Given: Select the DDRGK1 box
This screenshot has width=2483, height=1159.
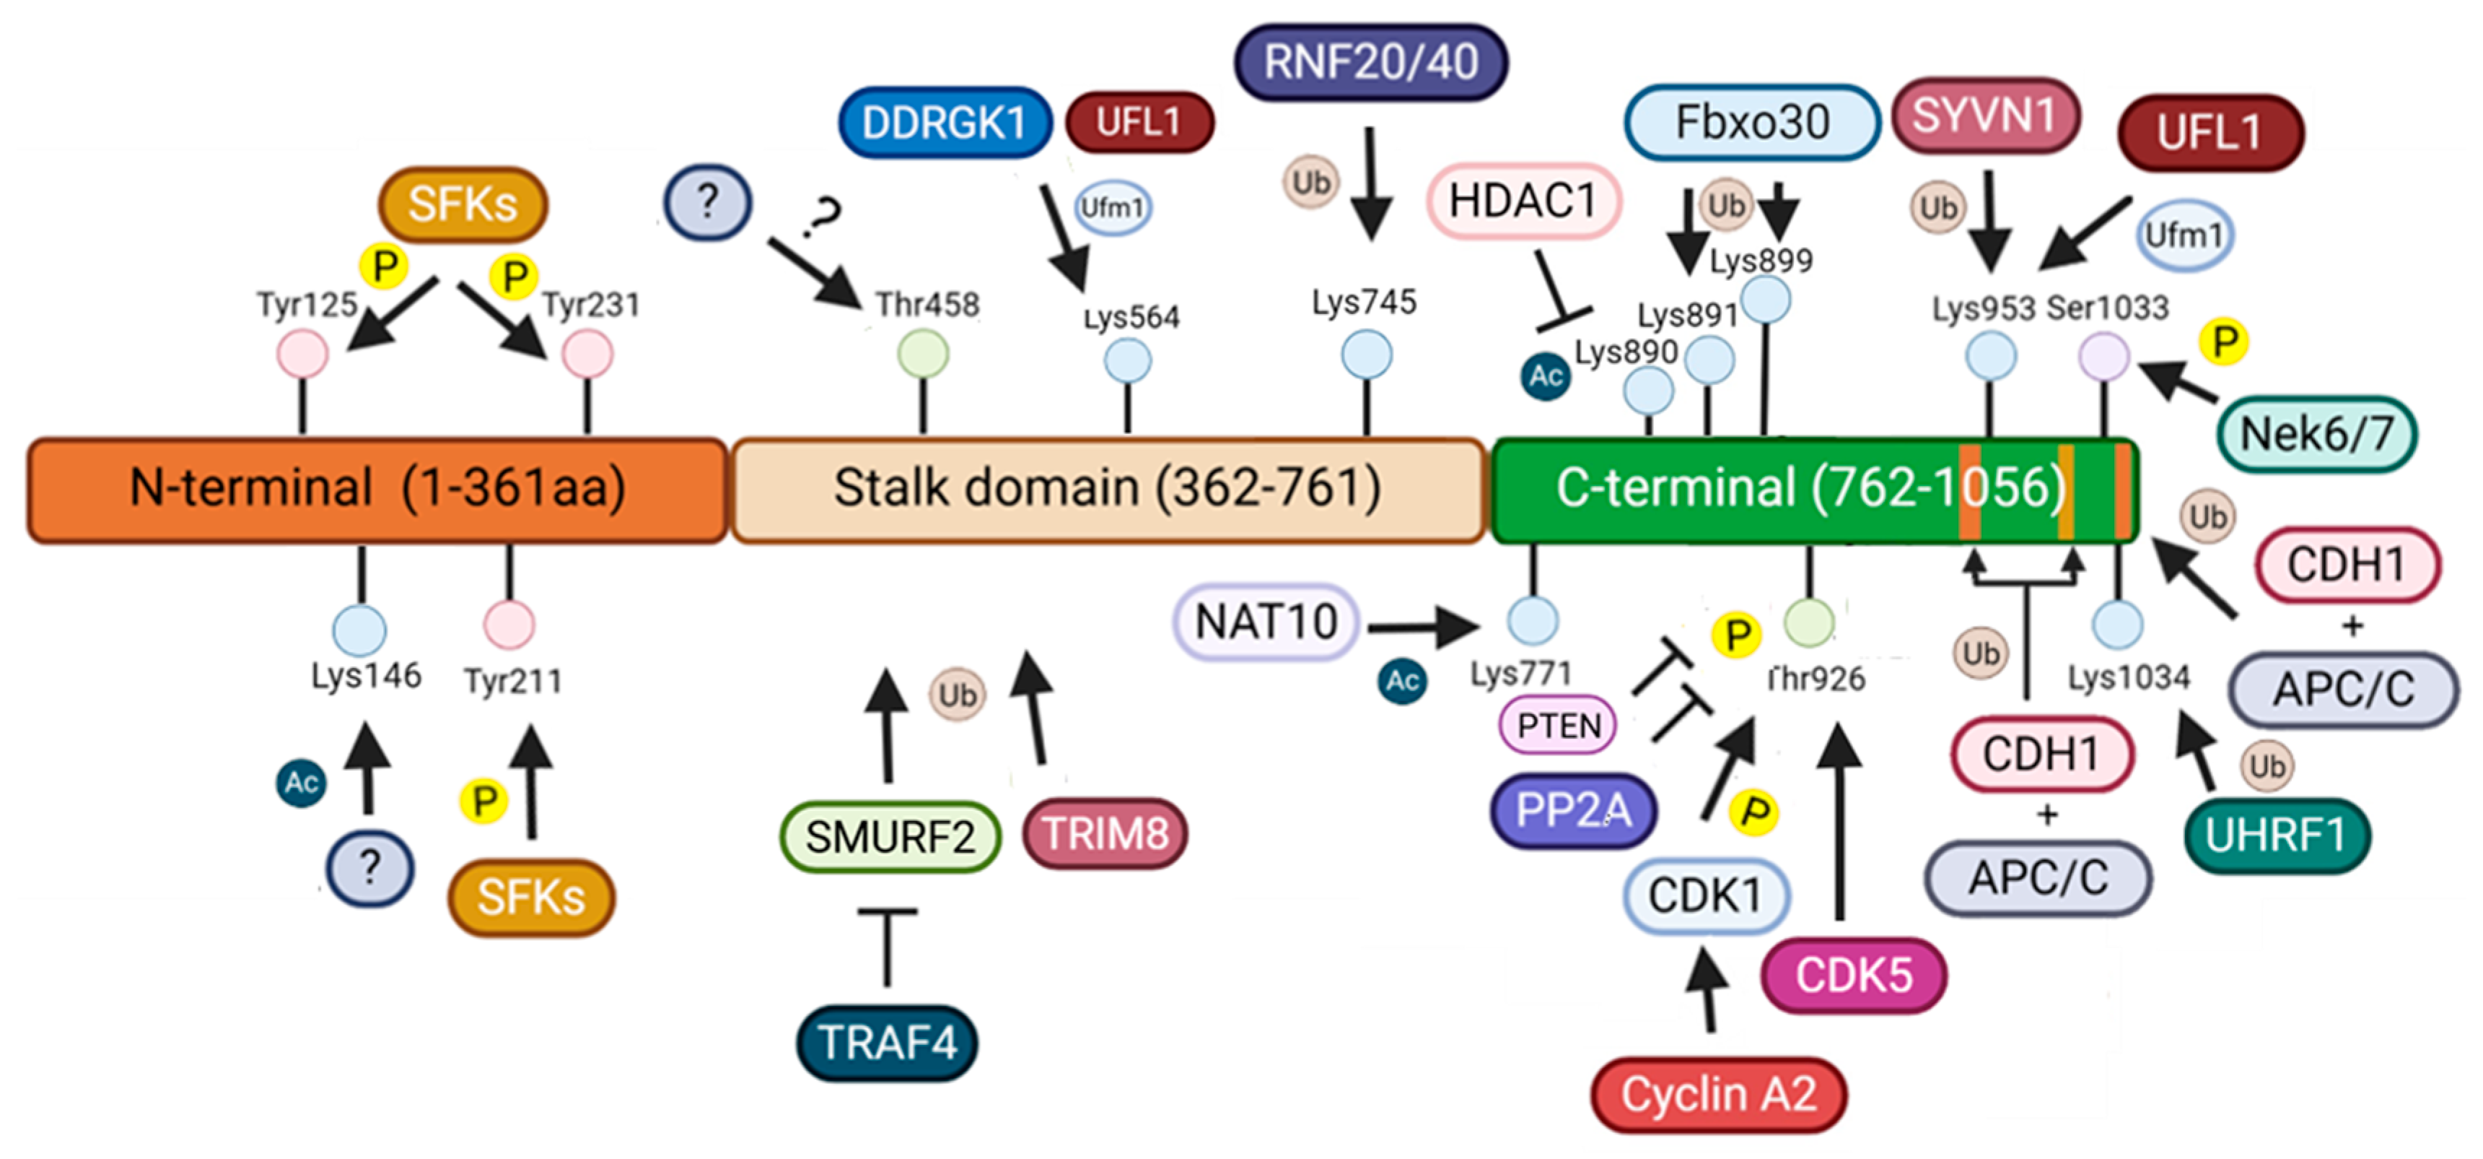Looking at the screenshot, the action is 945,123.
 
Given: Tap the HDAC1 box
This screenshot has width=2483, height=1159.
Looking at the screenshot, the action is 1523,201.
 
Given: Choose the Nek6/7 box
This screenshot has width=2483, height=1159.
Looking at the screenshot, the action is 2316,434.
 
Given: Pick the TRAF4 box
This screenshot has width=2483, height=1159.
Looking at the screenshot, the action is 887,1042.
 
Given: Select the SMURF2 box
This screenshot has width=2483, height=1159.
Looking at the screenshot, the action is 890,837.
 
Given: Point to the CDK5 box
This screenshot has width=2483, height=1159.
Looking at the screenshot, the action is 1854,975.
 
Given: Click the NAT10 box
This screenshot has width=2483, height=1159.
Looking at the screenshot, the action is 1266,622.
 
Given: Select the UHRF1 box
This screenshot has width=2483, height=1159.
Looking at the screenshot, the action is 2276,835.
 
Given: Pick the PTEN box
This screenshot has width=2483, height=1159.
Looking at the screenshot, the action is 1559,726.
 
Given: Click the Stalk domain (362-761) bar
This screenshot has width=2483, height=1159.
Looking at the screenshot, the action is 1108,489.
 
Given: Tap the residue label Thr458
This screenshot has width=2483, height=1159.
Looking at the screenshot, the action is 927,305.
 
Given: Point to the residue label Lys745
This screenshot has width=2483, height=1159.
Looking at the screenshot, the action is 1364,303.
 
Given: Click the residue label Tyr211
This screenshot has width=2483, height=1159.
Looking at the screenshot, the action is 513,682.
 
